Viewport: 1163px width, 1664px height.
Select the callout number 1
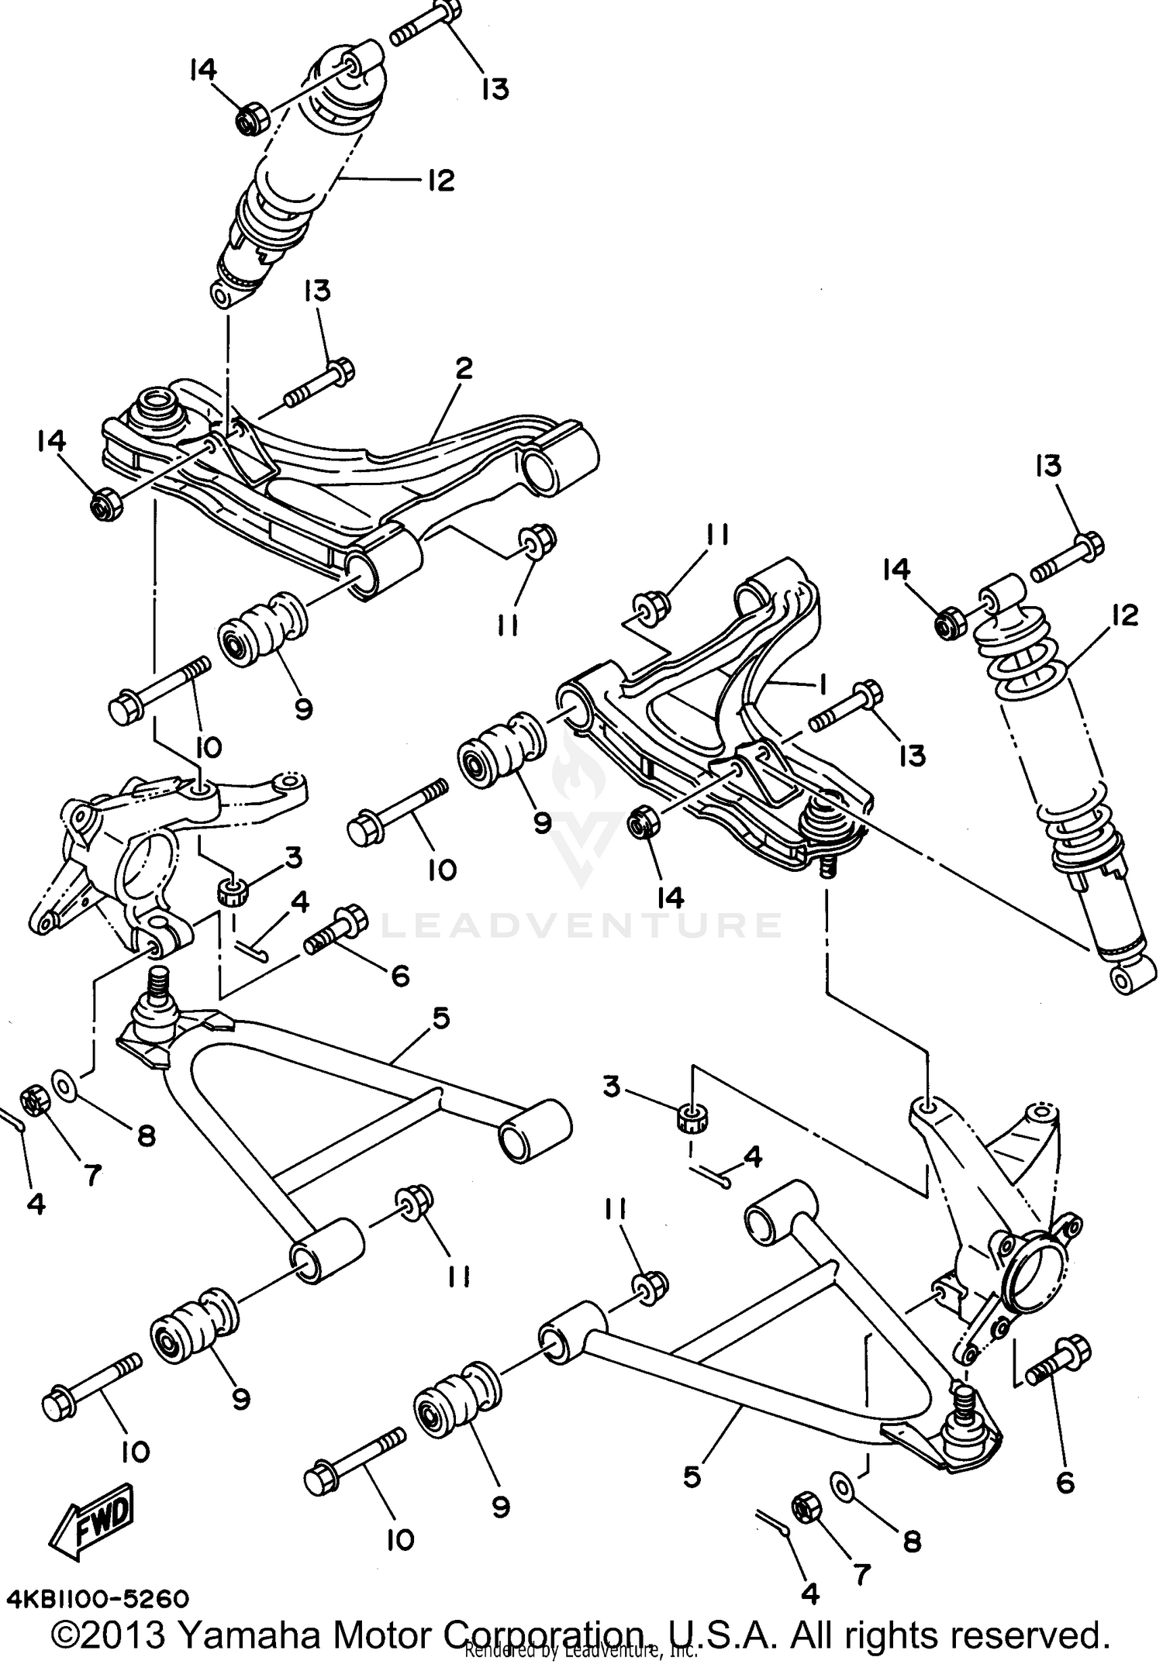(x=820, y=684)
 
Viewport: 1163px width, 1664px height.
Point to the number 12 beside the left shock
(x=438, y=181)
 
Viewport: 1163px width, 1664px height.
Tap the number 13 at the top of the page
(x=495, y=88)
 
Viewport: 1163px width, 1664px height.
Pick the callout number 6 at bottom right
(x=1065, y=1483)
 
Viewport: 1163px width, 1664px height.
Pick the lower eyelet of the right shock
(x=1123, y=981)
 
